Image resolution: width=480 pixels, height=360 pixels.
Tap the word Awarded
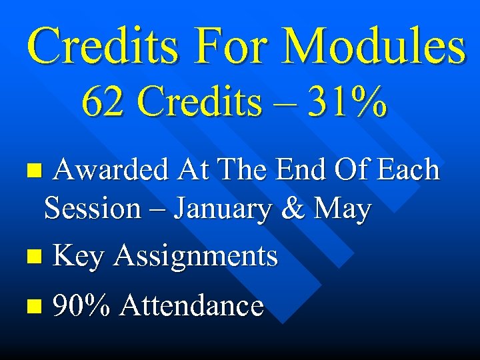pyautogui.click(x=110, y=170)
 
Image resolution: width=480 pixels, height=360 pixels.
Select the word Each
pyautogui.click(x=408, y=170)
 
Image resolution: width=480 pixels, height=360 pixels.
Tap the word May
pyautogui.click(x=343, y=210)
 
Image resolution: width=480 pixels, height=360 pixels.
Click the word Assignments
pyautogui.click(x=195, y=257)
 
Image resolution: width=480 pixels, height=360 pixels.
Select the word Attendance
pyautogui.click(x=192, y=306)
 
